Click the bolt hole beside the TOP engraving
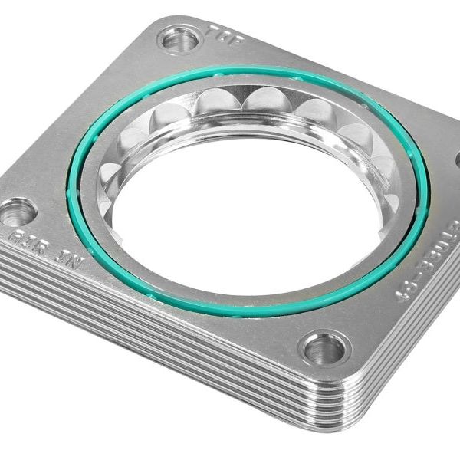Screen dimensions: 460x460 [x=179, y=39]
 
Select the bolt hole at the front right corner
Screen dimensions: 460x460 [x=324, y=349]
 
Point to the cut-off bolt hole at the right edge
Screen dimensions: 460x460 [x=457, y=160]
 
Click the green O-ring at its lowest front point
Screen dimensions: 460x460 [x=230, y=314]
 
